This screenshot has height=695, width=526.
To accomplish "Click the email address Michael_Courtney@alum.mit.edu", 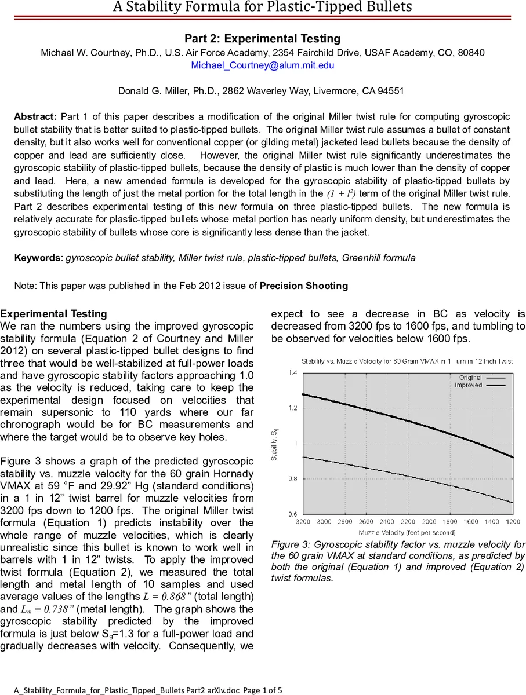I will point(263,65).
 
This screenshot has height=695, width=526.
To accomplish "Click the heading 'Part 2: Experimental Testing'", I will point(263,39).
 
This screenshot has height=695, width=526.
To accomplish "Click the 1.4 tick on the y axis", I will point(293,373).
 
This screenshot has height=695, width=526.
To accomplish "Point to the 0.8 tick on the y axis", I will point(293,479).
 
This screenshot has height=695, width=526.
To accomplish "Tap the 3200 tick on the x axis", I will point(303,522).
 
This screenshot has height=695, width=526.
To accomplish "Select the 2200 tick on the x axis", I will point(408,522).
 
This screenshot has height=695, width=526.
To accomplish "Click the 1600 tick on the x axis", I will point(471,522).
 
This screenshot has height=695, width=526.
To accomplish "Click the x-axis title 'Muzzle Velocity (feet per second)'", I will point(407,532).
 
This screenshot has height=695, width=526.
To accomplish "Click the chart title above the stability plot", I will point(407,361).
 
